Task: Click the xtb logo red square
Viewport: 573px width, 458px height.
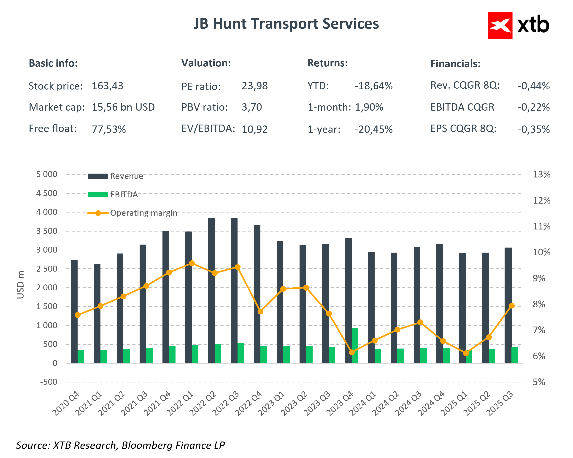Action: coord(500,25)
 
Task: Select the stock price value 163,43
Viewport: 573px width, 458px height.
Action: coord(107,86)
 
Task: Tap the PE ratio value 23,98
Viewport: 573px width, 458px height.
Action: coord(254,86)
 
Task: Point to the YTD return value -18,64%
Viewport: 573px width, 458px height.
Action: coord(373,86)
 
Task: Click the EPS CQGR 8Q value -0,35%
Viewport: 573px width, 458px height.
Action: coord(533,129)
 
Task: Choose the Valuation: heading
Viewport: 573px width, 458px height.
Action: coord(206,63)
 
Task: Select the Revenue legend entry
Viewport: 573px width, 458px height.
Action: coord(126,176)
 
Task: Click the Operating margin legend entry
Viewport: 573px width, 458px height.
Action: coord(143,213)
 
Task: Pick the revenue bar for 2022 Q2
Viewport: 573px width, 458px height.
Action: coord(211,290)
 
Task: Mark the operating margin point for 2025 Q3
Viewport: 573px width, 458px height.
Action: coord(512,305)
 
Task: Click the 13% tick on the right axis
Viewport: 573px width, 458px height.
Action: coord(541,174)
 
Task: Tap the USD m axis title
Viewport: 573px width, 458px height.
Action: coord(20,285)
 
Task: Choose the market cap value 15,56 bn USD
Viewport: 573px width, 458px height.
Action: coord(123,107)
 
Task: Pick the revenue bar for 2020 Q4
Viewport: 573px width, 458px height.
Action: coord(74,311)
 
